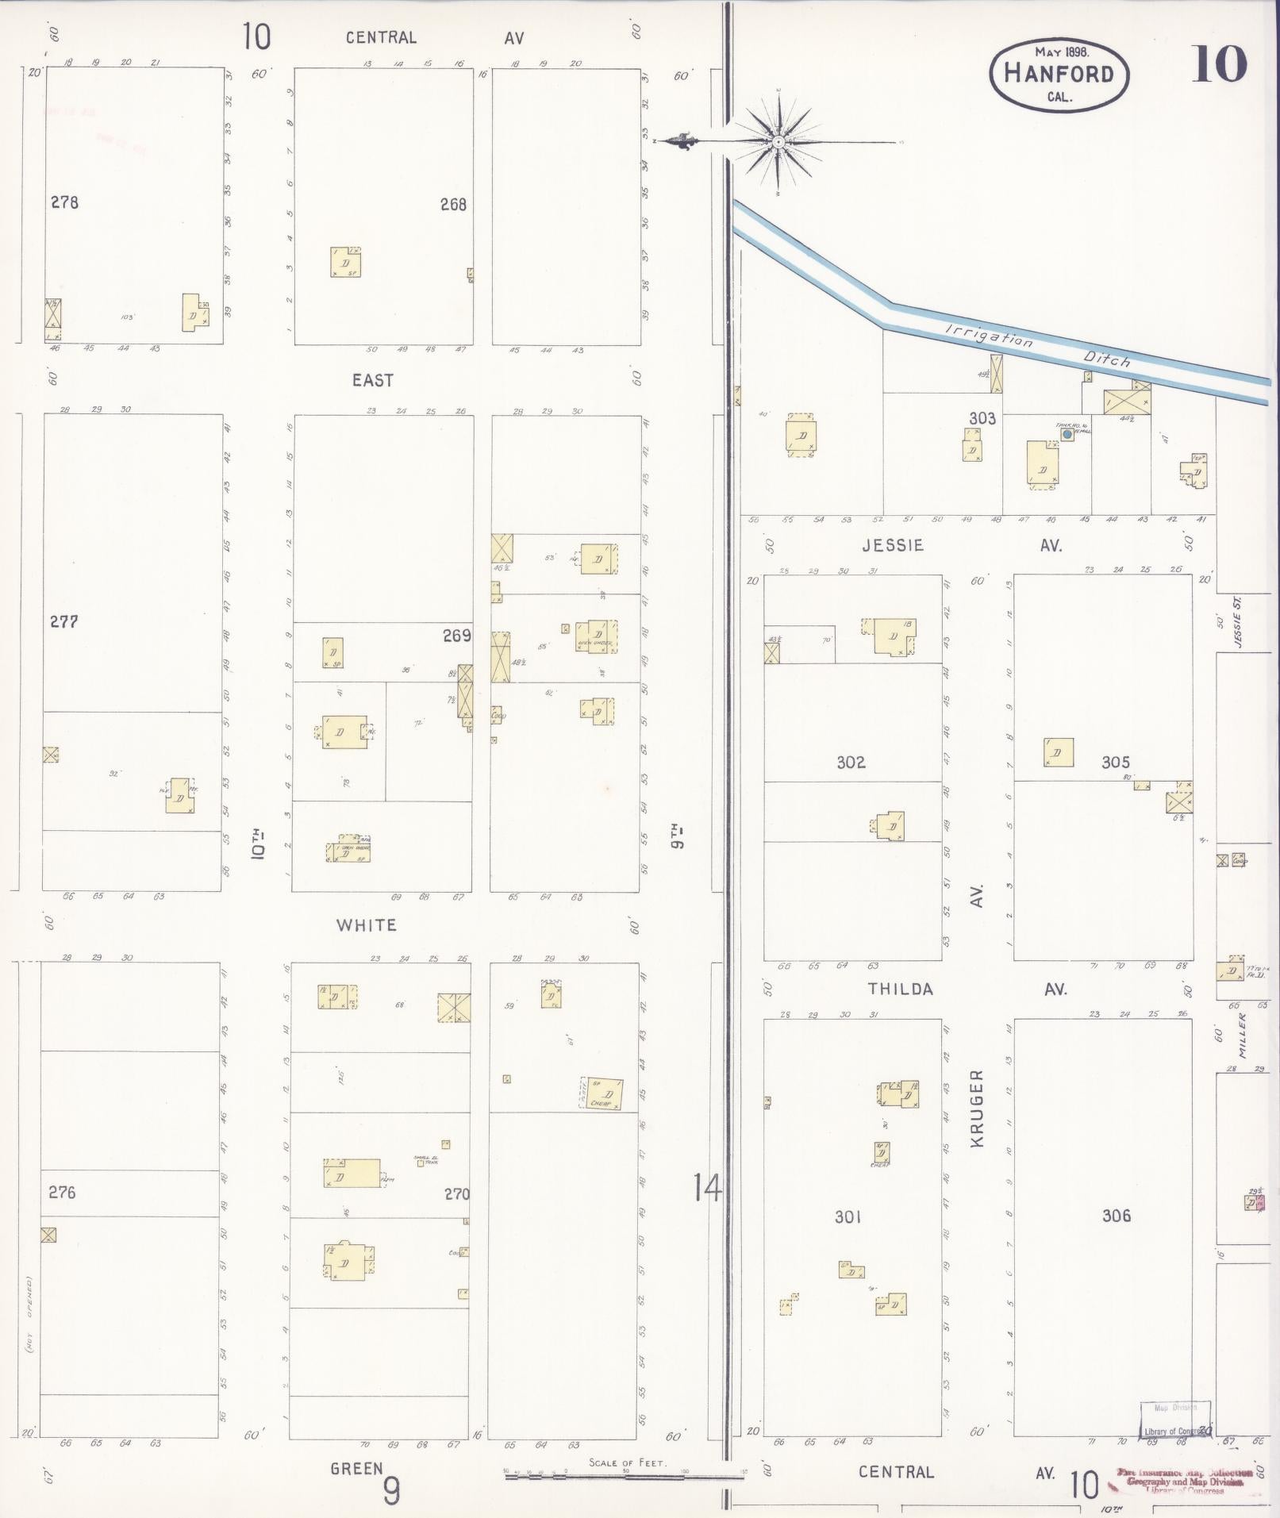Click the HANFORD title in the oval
pyautogui.click(x=1059, y=73)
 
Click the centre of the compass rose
pyautogui.click(x=778, y=142)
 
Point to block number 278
pyautogui.click(x=64, y=202)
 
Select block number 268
pyautogui.click(x=453, y=205)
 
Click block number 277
pyautogui.click(x=63, y=621)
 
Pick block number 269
pyautogui.click(x=457, y=635)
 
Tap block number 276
pyautogui.click(x=62, y=1192)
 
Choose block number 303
pyautogui.click(x=982, y=418)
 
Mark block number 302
pyautogui.click(x=851, y=763)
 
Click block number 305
pyautogui.click(x=1115, y=763)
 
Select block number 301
pyautogui.click(x=848, y=1216)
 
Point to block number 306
pyautogui.click(x=1116, y=1216)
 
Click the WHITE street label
pyautogui.click(x=366, y=925)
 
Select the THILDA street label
pyautogui.click(x=900, y=990)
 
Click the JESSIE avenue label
pyautogui.click(x=893, y=546)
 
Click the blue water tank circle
pyautogui.click(x=1067, y=434)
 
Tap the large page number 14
pyautogui.click(x=706, y=1189)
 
